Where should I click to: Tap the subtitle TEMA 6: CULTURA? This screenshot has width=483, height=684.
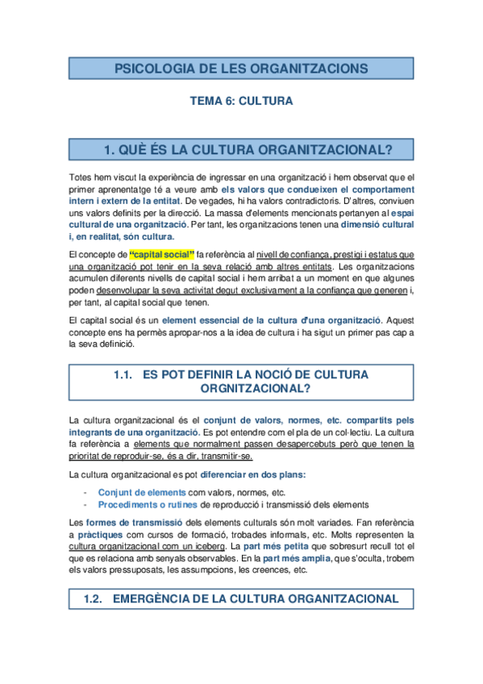pos(241,102)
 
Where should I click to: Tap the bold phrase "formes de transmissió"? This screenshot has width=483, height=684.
pos(131,522)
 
